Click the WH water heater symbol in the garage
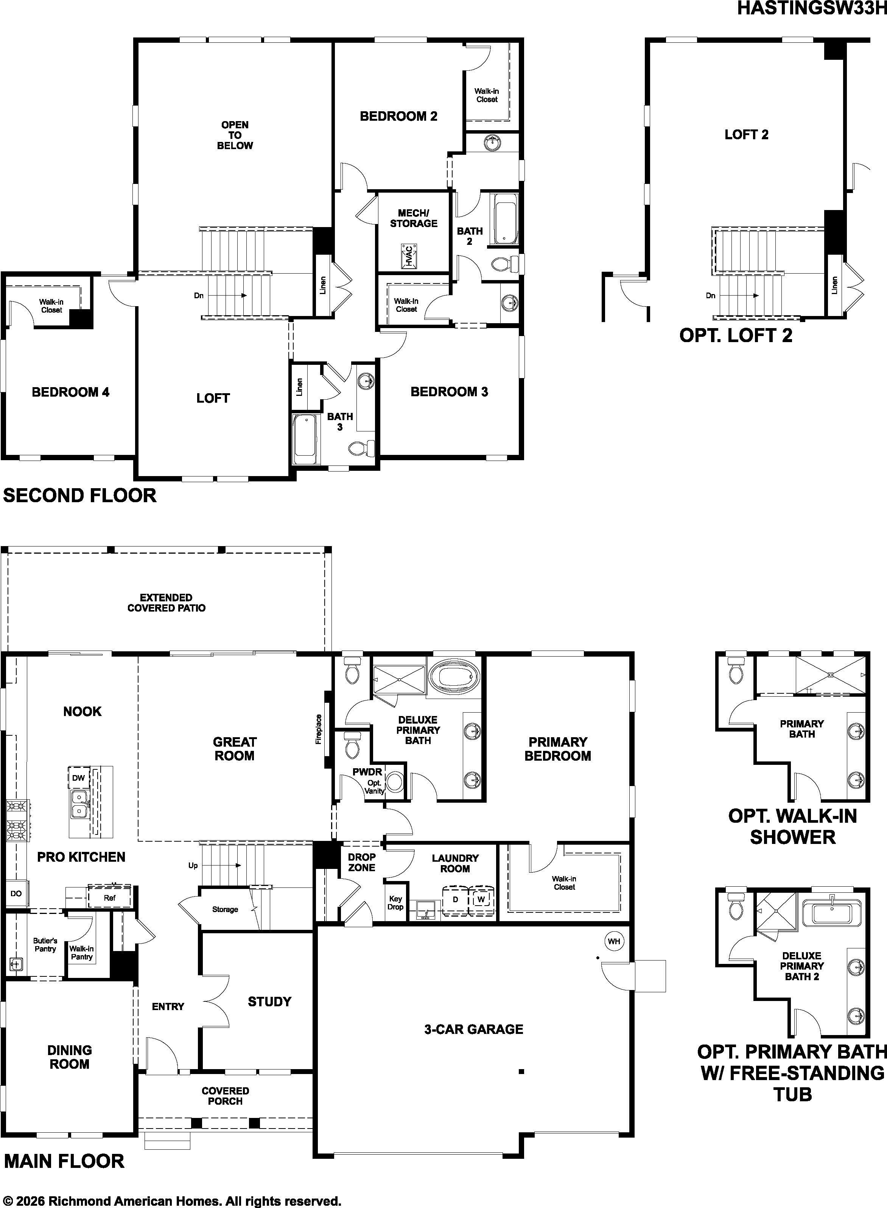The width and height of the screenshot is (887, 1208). [x=614, y=941]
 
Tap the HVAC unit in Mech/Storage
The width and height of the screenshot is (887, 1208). [x=409, y=257]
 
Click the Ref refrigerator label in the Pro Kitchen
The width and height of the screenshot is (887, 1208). [x=109, y=898]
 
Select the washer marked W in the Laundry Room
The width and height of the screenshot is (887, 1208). [x=481, y=899]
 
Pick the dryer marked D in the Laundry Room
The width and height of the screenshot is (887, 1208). [x=455, y=899]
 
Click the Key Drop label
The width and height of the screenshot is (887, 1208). [x=395, y=903]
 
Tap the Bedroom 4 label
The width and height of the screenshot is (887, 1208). [x=70, y=392]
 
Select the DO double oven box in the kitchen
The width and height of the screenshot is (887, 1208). [x=16, y=894]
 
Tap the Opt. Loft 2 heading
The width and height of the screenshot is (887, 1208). [x=736, y=336]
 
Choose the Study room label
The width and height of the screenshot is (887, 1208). [x=269, y=1001]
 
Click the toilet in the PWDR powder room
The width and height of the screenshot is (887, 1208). [x=352, y=745]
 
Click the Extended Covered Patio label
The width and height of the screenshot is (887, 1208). [x=167, y=602]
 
